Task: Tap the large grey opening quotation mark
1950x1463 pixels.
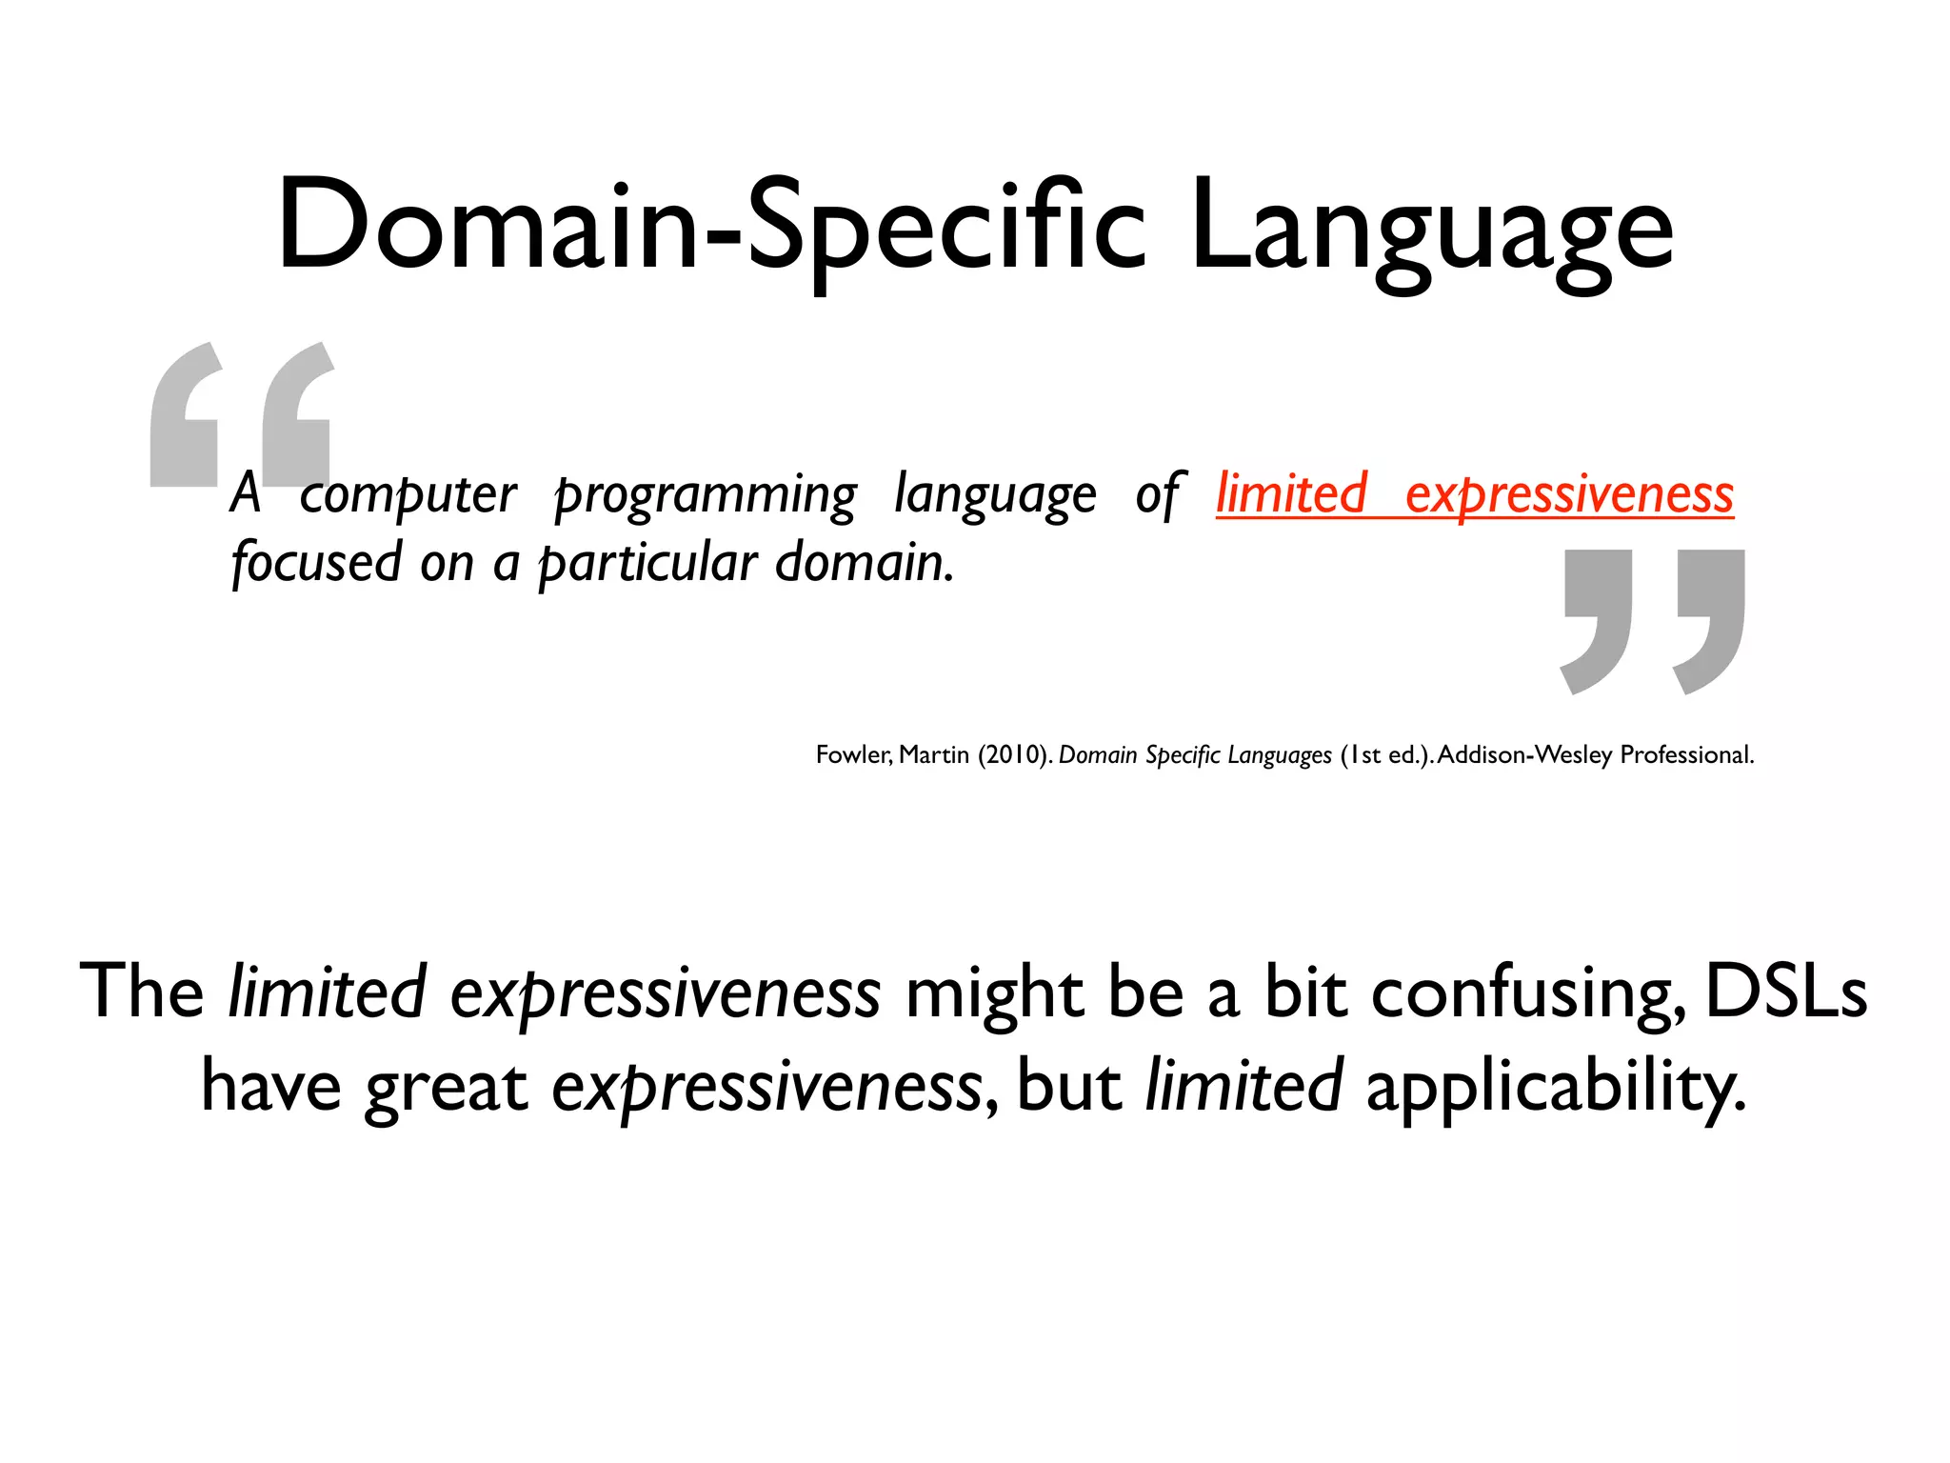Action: pyautogui.click(x=242, y=415)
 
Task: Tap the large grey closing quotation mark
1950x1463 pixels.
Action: pyautogui.click(x=1654, y=621)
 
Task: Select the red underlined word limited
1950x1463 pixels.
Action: pyautogui.click(x=1292, y=493)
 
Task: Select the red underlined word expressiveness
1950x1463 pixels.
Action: pyautogui.click(x=1569, y=495)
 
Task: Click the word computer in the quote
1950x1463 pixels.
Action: pyautogui.click(x=408, y=495)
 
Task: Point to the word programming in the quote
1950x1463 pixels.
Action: pyautogui.click(x=706, y=495)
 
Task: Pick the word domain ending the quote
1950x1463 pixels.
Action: pyautogui.click(x=863, y=562)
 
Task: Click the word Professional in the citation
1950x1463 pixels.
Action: pyautogui.click(x=1686, y=755)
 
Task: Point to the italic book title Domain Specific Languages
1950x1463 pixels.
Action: pyautogui.click(x=1195, y=755)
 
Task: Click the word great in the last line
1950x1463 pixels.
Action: pyautogui.click(x=446, y=1088)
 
